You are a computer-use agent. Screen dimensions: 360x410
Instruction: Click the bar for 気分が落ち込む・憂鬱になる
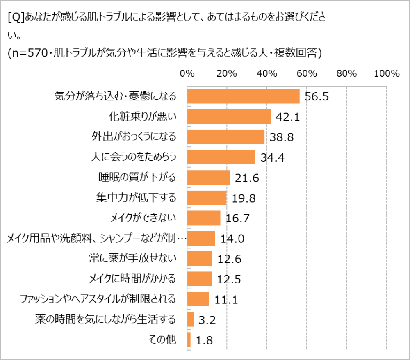(x=243, y=96)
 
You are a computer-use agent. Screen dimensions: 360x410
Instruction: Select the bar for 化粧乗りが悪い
(x=229, y=116)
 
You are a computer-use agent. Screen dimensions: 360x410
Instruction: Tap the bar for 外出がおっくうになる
(x=225, y=137)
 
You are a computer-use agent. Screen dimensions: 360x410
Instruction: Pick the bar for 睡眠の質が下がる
(x=208, y=177)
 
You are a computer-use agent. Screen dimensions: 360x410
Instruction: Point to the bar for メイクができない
(x=203, y=218)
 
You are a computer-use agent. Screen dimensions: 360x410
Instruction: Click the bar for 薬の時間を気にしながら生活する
(x=190, y=319)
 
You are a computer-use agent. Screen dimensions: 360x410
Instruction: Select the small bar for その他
(x=189, y=339)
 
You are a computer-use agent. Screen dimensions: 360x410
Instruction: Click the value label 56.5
(x=317, y=97)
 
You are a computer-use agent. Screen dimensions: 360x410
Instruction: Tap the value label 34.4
(x=273, y=158)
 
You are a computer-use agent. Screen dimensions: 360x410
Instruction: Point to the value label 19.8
(x=244, y=198)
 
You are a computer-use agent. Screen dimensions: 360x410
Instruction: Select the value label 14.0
(x=232, y=239)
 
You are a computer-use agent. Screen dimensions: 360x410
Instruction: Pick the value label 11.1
(x=226, y=300)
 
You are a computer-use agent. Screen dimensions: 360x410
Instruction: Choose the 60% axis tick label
(x=307, y=74)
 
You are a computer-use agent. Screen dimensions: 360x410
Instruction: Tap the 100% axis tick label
(x=386, y=74)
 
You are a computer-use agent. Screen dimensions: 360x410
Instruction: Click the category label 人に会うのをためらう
(x=133, y=157)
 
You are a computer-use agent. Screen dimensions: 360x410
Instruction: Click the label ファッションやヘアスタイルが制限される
(x=98, y=299)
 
